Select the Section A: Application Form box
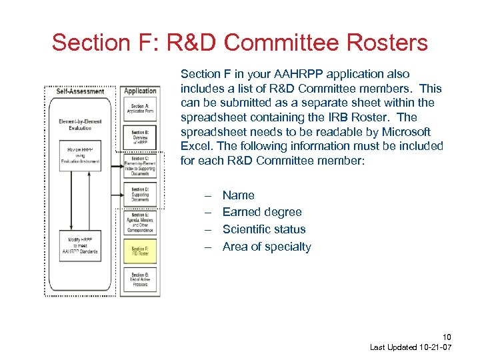[140, 109]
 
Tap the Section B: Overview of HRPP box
[140, 137]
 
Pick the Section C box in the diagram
[140, 166]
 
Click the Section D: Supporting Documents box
[140, 194]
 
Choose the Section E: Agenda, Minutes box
[140, 223]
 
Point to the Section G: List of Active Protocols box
[140, 279]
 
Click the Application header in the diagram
[140, 91]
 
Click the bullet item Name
[238, 195]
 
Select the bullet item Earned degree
[261, 212]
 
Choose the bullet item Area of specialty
[266, 247]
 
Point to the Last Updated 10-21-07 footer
[411, 348]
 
